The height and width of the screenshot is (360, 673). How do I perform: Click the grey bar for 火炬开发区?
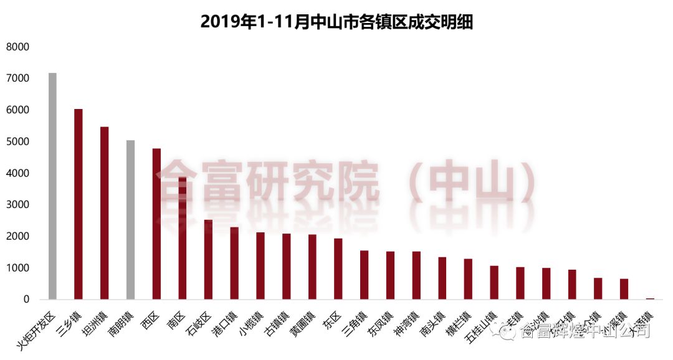point(52,187)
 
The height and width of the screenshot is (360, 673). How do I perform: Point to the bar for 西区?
point(156,224)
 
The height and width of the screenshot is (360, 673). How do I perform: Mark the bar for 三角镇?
point(365,275)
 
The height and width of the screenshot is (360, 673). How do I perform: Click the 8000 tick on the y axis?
point(18,47)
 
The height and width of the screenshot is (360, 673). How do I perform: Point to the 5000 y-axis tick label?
point(18,142)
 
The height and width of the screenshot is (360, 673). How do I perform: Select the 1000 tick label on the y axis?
point(18,268)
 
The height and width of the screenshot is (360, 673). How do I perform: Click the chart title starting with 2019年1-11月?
point(336,22)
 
